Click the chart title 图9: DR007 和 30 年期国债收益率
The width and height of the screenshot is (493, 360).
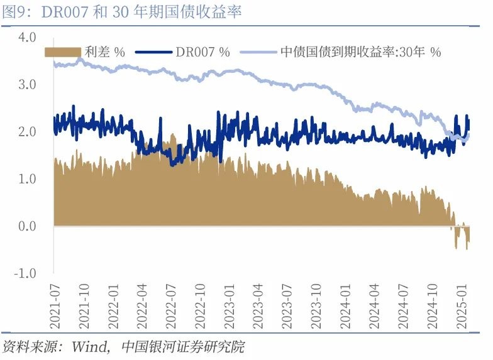123,12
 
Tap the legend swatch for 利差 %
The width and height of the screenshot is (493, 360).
63,52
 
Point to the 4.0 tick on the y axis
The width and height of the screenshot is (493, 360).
28,37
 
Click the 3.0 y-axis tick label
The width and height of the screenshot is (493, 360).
28,84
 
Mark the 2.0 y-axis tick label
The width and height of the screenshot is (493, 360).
28,132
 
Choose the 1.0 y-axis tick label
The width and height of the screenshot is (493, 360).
28,179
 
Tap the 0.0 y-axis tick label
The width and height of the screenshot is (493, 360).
28,226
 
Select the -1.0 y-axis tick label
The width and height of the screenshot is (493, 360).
26,273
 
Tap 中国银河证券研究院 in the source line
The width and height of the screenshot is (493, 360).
182,347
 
